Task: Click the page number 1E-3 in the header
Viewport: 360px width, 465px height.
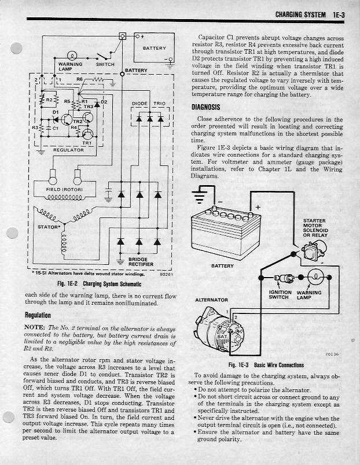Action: tap(336, 13)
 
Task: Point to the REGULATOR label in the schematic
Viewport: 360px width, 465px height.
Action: tap(68, 150)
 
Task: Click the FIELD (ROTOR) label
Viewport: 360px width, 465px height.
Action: tap(61, 189)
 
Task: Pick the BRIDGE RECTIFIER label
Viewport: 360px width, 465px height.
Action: tap(138, 262)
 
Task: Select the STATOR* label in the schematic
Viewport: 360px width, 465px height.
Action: tap(48, 227)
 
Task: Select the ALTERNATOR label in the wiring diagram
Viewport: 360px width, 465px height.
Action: tap(212, 300)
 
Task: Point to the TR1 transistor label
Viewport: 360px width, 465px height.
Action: tap(87, 142)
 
